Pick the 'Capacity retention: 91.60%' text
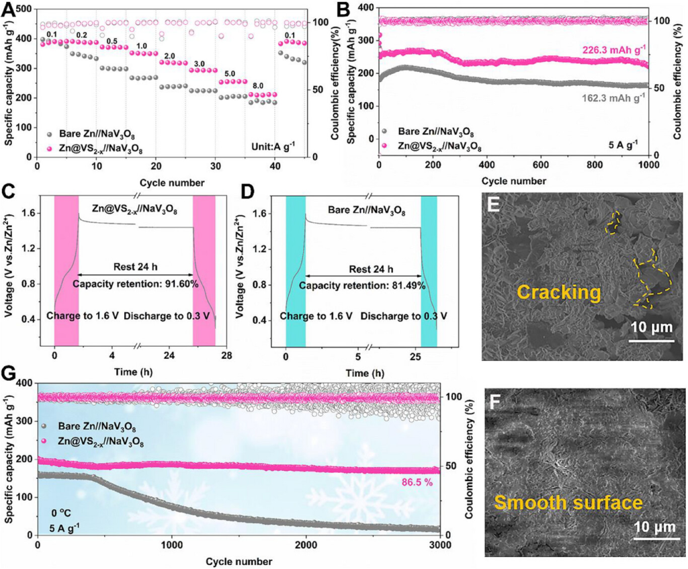tap(134, 284)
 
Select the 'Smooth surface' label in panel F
tap(568, 502)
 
